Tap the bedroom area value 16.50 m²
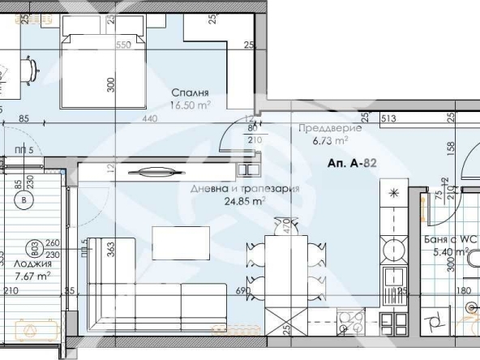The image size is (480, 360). pyautogui.click(x=191, y=105)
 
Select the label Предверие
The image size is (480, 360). pyautogui.click(x=324, y=129)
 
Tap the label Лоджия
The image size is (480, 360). pyautogui.click(x=33, y=264)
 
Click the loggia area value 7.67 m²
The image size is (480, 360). pyautogui.click(x=33, y=276)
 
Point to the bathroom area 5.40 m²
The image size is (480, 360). pyautogui.click(x=449, y=252)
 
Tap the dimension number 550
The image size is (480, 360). pyautogui.click(x=124, y=45)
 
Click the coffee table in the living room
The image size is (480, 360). pyautogui.click(x=181, y=241)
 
